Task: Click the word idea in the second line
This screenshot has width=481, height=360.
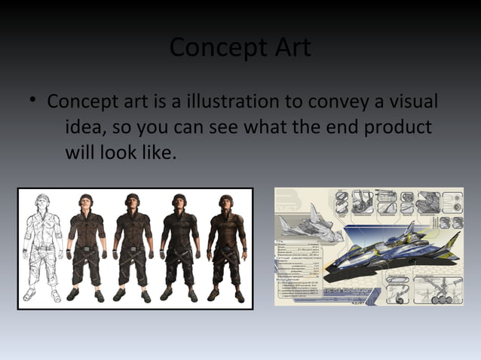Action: tap(84, 127)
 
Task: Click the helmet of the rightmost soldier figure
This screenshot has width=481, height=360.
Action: tap(225, 200)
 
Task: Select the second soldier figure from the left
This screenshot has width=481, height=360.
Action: tap(85, 249)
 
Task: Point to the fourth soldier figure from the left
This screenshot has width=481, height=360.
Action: tap(179, 249)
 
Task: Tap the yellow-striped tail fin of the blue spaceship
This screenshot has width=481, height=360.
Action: tap(451, 243)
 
